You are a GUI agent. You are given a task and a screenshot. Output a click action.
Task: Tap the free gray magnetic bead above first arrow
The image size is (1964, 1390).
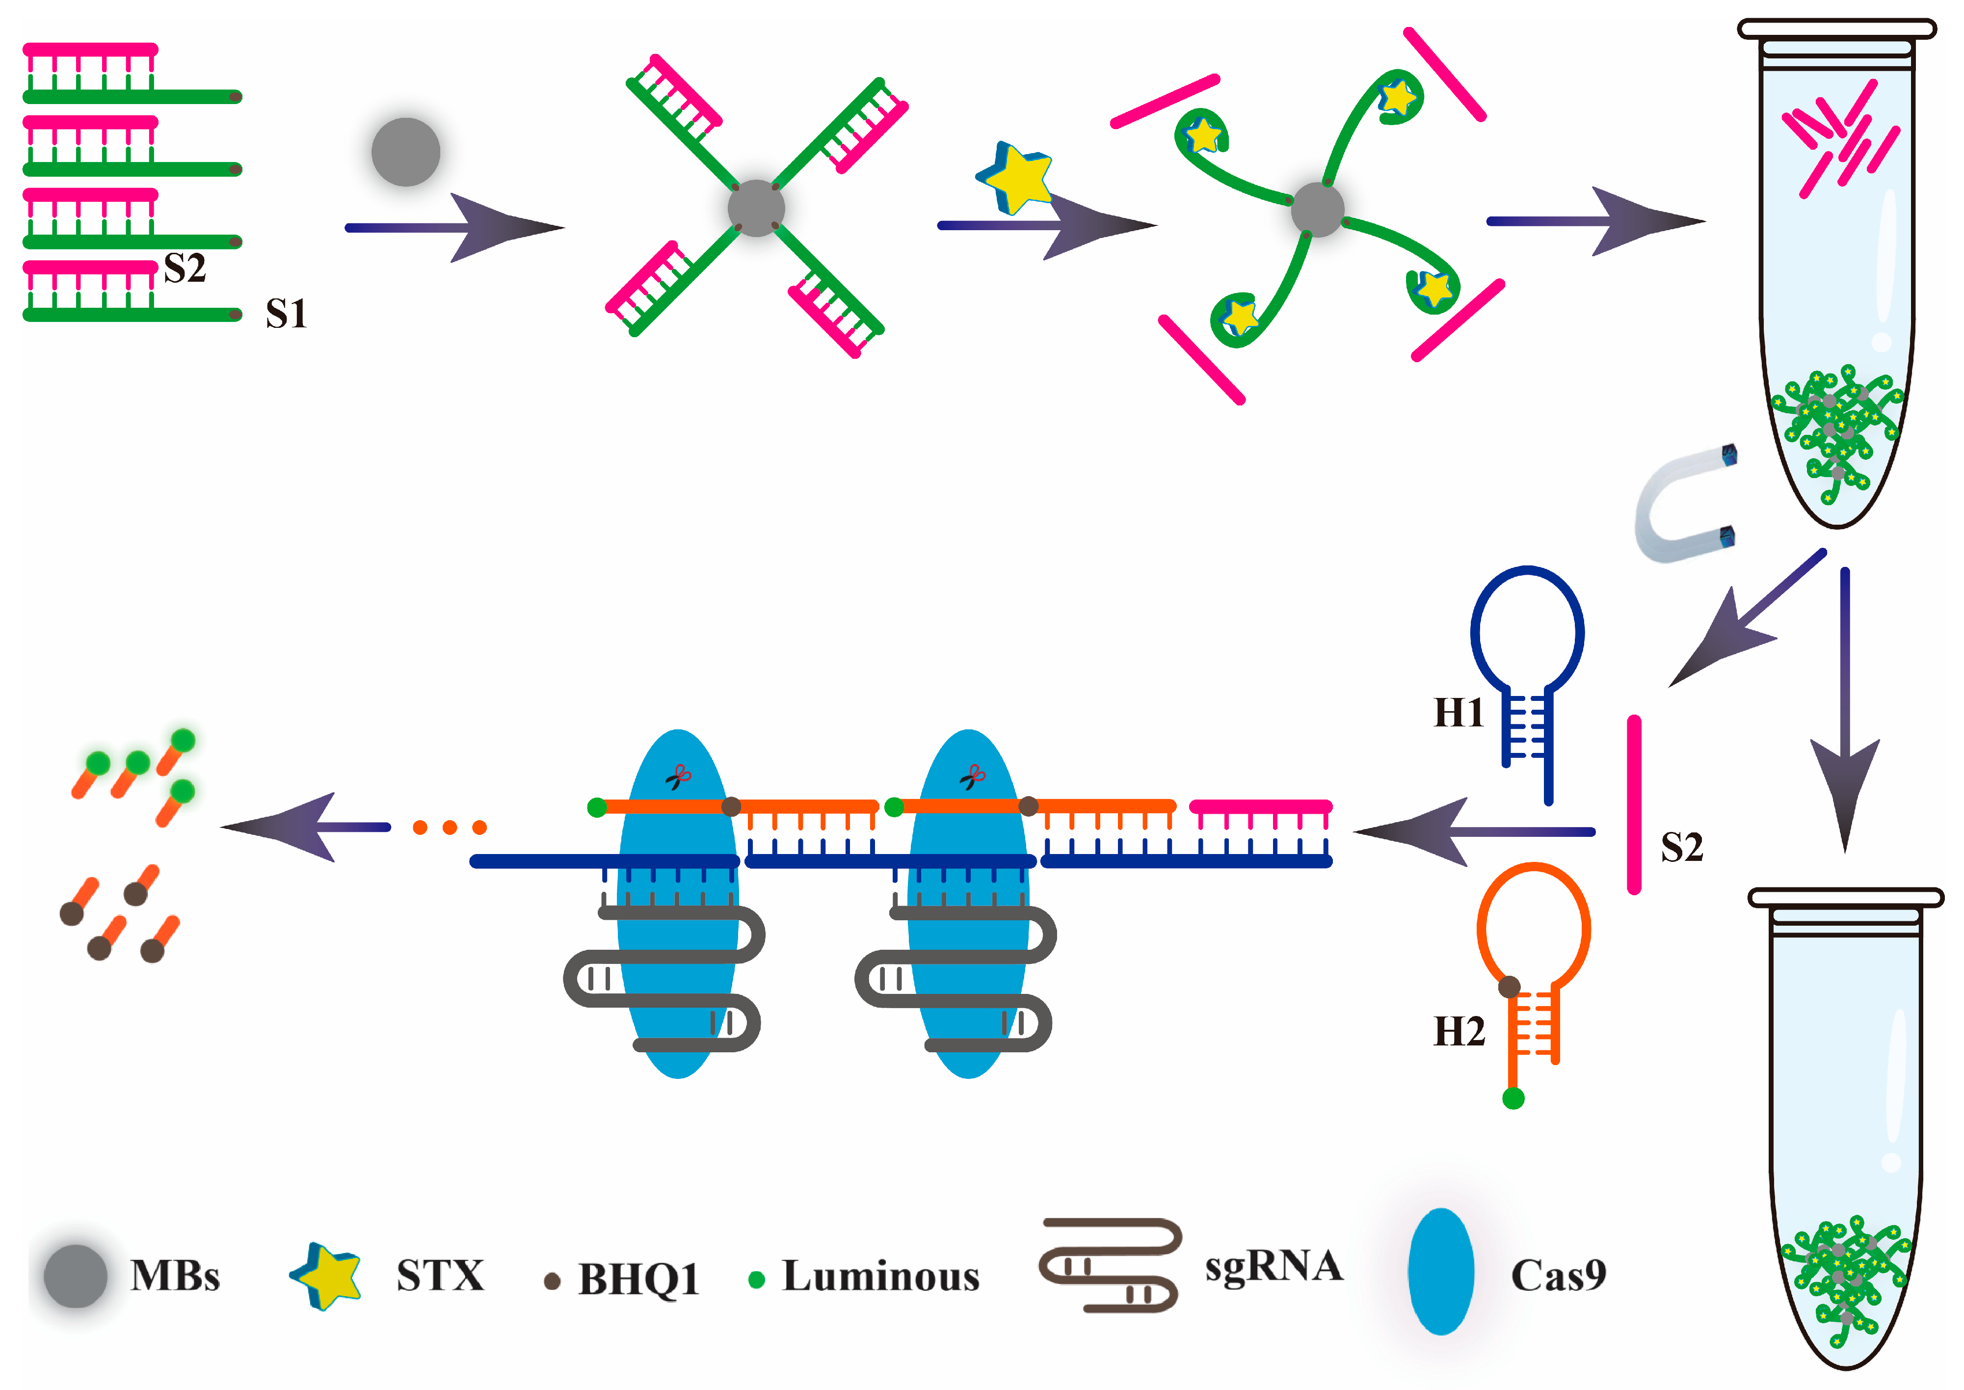(406, 152)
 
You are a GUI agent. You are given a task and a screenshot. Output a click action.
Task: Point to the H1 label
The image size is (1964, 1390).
(1458, 712)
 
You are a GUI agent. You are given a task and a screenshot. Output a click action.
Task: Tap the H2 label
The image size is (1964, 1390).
(1458, 1031)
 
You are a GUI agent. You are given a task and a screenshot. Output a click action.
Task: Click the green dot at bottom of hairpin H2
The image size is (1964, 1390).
(1513, 1098)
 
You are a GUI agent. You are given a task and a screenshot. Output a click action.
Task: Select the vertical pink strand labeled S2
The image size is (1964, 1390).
(1634, 804)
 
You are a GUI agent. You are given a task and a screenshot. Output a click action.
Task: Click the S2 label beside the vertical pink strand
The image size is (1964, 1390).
(1682, 847)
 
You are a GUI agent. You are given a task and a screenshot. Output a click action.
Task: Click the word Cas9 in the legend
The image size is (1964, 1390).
(1558, 1275)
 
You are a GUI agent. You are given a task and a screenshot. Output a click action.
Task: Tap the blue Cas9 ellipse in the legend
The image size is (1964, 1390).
(1441, 1271)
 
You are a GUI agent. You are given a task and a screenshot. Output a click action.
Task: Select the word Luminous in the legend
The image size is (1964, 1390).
(880, 1276)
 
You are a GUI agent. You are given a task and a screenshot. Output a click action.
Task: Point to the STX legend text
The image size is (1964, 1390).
(440, 1275)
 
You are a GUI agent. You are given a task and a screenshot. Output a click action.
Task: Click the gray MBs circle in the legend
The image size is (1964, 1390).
(75, 1275)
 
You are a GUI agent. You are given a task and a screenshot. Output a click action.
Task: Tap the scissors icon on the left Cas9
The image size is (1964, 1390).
(679, 777)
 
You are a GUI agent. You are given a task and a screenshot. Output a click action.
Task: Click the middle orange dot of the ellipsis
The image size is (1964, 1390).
(449, 827)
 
